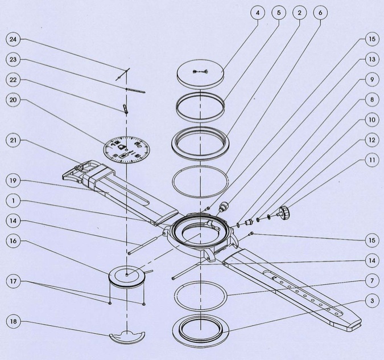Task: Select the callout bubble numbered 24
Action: (13, 40)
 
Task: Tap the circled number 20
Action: (13, 99)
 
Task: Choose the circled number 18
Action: (13, 322)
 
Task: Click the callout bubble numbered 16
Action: (13, 241)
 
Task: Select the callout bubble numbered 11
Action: (371, 161)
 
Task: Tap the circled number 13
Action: (371, 59)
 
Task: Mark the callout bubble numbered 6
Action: (320, 12)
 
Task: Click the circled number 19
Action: (13, 181)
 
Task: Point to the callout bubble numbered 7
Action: (371, 281)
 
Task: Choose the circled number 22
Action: (13, 79)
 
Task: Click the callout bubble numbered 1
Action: (13, 201)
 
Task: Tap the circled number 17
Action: (13, 281)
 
